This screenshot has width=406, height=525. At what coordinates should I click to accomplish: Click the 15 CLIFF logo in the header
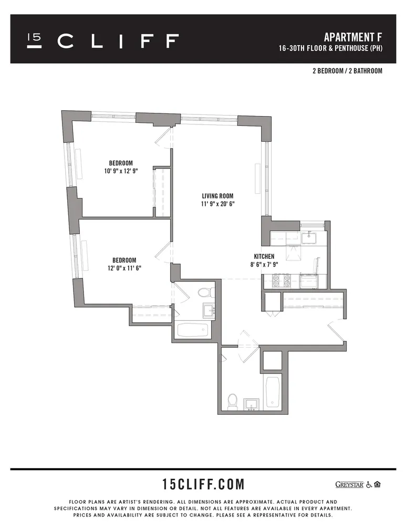pyautogui.click(x=103, y=41)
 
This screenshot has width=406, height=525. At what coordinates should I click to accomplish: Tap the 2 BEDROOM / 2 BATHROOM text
pyautogui.click(x=347, y=71)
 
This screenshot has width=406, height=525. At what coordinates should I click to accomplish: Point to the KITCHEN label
pyautogui.click(x=263, y=256)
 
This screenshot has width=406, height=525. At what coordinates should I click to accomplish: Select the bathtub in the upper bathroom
pyautogui.click(x=192, y=330)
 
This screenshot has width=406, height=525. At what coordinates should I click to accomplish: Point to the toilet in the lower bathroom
pyautogui.click(x=233, y=401)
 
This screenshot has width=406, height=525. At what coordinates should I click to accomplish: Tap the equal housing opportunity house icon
pyautogui.click(x=378, y=484)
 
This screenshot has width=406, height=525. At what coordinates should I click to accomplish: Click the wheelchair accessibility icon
pyautogui.click(x=369, y=484)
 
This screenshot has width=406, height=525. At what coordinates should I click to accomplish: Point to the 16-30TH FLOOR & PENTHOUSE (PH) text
pyautogui.click(x=330, y=49)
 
